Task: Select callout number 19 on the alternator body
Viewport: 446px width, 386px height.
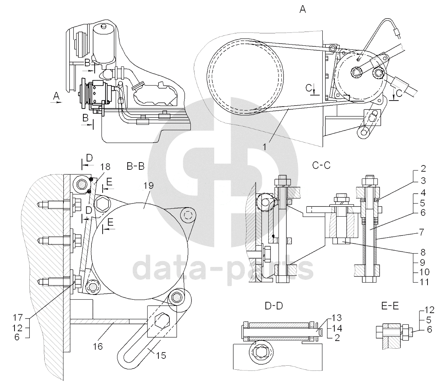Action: (x=149, y=186)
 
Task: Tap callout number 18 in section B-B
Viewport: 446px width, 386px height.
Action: (x=106, y=167)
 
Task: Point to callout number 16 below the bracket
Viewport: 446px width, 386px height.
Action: (x=98, y=346)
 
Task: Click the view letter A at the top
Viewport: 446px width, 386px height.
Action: (x=302, y=10)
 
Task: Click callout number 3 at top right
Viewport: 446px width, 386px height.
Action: (x=423, y=181)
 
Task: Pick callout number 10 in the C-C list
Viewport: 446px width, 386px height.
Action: (x=423, y=272)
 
